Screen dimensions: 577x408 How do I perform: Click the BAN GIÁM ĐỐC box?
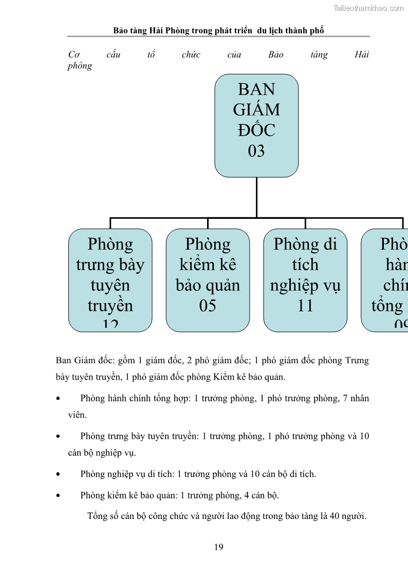coord(256,125)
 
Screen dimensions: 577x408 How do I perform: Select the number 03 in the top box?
coord(256,151)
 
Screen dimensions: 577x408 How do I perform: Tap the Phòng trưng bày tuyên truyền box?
coord(110,280)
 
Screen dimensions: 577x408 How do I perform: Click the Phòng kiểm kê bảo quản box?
coord(208,280)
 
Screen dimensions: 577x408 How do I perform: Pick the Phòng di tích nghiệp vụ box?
coord(305,280)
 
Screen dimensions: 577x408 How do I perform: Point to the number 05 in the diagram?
coord(208,306)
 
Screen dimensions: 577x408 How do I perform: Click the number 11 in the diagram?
coord(305,306)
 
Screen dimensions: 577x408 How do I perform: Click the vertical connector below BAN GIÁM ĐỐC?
coord(256,197)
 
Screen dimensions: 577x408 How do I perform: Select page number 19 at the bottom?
coord(219,547)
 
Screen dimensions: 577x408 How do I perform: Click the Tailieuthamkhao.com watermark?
coord(368,8)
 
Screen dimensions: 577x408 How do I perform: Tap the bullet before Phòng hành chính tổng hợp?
coord(58,398)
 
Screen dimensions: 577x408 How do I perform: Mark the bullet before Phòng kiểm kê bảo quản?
coord(58,496)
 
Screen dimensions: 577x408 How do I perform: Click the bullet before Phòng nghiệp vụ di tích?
coord(58,474)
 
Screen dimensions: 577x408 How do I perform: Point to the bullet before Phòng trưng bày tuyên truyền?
coord(58,436)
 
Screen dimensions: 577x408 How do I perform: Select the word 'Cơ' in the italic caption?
coord(73,54)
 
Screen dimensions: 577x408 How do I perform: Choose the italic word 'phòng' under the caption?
coord(80,66)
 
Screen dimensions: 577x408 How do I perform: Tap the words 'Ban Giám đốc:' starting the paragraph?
coord(82,360)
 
